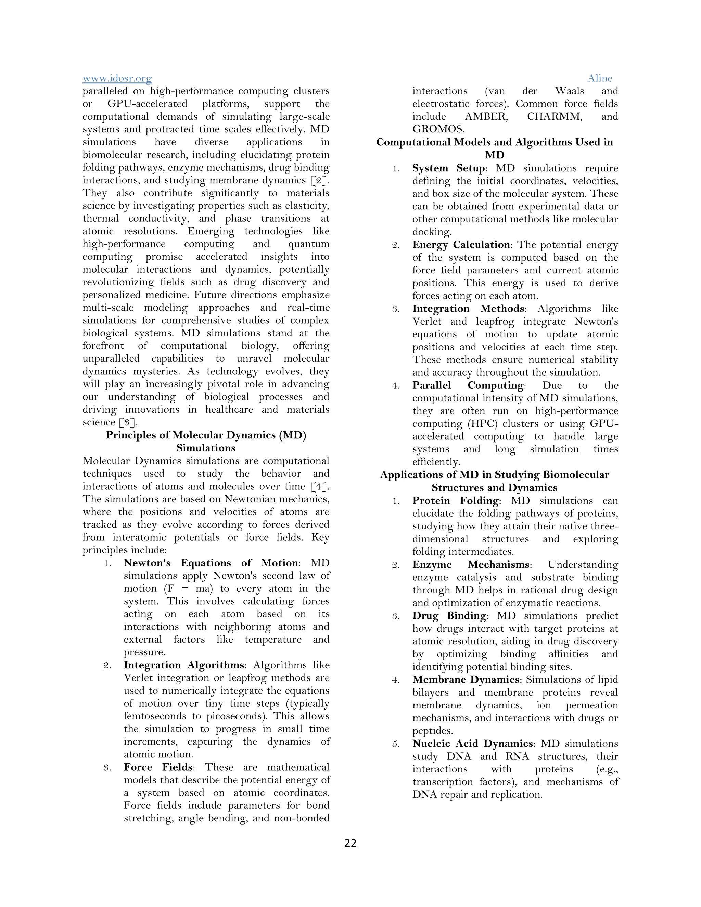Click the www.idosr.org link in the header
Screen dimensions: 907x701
coord(117,78)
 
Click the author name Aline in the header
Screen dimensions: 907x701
coord(600,78)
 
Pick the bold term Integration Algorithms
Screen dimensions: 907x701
coord(183,665)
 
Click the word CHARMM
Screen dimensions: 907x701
coord(555,117)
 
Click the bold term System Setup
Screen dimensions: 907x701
coord(448,168)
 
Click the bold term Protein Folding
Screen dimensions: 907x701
coord(455,501)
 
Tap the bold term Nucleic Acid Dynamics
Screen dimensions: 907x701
coord(472,744)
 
